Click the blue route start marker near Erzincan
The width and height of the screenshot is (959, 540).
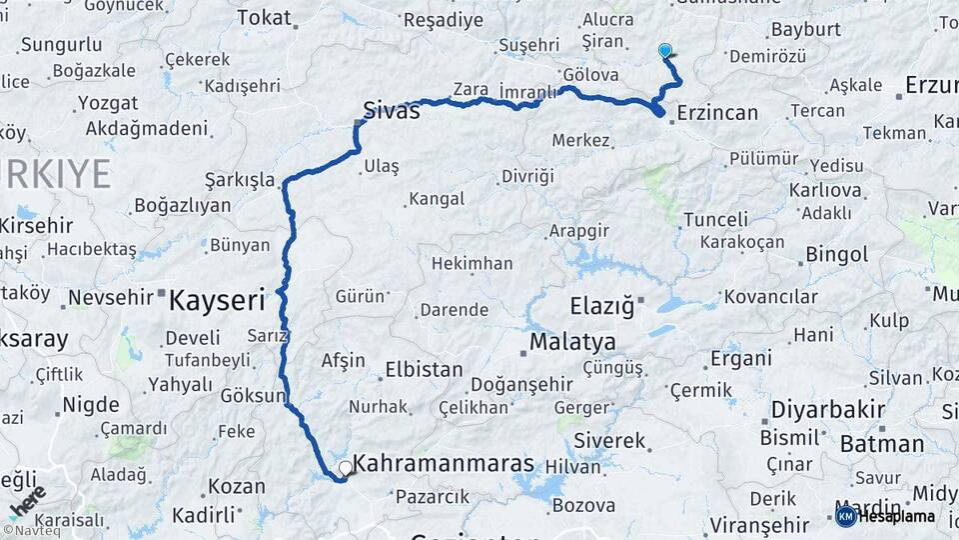[665, 50]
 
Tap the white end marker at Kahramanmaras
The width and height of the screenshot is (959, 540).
[346, 467]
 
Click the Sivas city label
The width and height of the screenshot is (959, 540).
[391, 110]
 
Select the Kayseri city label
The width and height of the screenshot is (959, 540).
[217, 299]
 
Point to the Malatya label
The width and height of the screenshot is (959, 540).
[572, 342]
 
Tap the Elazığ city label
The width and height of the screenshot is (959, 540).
[602, 306]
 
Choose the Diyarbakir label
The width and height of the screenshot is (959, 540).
[828, 409]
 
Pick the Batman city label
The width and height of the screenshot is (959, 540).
[882, 443]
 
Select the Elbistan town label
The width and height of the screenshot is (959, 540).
[424, 369]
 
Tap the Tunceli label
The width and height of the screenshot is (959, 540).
[716, 220]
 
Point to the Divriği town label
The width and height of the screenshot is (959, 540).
[527, 176]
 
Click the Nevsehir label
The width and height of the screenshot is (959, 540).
[110, 297]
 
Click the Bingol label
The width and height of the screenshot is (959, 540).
[836, 255]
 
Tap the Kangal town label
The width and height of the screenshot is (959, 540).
[438, 199]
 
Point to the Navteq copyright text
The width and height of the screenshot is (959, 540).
[31, 530]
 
